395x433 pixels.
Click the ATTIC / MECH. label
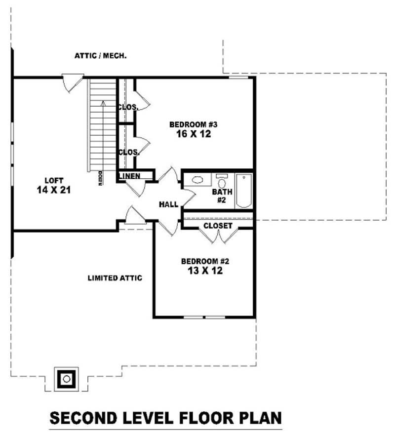tap(101, 56)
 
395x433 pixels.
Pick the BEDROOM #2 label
tap(205, 261)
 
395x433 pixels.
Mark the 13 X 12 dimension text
tap(205, 271)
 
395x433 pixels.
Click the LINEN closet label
tap(129, 176)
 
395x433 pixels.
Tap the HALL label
tap(168, 204)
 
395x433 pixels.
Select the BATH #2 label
tap(219, 196)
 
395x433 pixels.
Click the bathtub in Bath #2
tap(243, 191)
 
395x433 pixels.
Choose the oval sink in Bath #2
tap(198, 180)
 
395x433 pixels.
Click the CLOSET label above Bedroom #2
tap(218, 226)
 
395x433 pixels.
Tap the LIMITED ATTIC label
tap(115, 278)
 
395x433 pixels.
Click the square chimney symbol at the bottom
tap(66, 379)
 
